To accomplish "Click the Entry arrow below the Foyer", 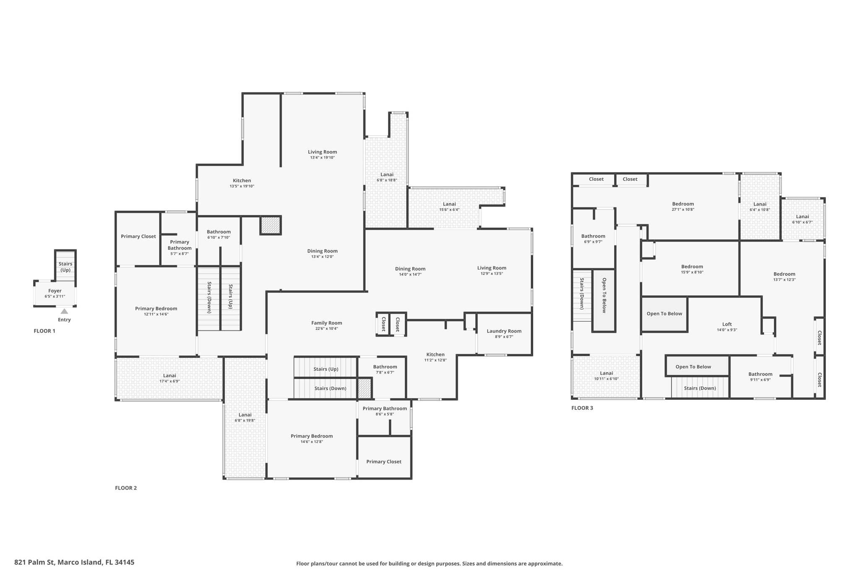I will click(x=64, y=311).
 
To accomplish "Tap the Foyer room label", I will click(x=55, y=291).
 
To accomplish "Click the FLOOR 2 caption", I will click(x=126, y=488).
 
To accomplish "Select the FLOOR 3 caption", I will click(x=582, y=408).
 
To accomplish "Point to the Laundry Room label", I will click(x=504, y=331).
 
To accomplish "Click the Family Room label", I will click(x=326, y=323).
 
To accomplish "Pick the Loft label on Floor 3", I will click(x=727, y=324).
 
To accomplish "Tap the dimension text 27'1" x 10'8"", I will click(x=683, y=210).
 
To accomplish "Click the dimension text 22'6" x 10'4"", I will click(x=326, y=329).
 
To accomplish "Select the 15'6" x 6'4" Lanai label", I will click(x=449, y=204).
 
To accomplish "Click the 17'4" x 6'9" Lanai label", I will click(x=169, y=376).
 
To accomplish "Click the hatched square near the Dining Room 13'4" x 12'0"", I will click(x=271, y=225).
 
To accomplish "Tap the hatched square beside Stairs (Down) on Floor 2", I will click(x=364, y=388).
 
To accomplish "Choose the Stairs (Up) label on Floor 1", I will click(x=65, y=267).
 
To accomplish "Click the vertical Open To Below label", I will click(x=604, y=295).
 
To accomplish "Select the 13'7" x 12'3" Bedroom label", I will click(x=784, y=274).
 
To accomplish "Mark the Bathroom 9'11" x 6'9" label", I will click(x=760, y=374).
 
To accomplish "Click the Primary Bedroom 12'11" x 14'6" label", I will click(x=156, y=309).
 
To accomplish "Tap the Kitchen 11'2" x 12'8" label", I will click(x=435, y=355).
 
